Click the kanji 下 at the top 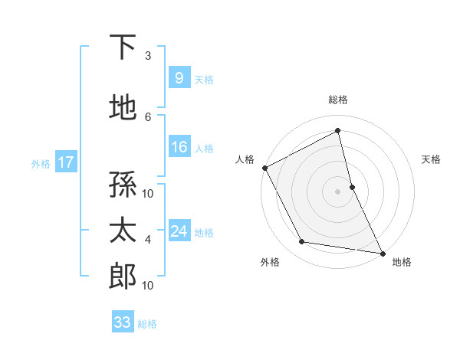[x=123, y=47]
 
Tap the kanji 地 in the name [x=123, y=108]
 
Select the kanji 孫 [x=123, y=185]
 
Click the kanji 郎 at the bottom [x=123, y=277]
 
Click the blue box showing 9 [x=179, y=77]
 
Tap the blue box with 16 [x=179, y=147]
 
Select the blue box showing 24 [x=179, y=231]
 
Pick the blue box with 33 [x=122, y=322]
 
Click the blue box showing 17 [x=65, y=162]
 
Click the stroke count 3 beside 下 [x=148, y=55]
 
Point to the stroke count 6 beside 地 [x=148, y=116]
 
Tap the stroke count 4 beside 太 [x=148, y=240]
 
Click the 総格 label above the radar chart [x=338, y=100]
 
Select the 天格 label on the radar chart [x=431, y=159]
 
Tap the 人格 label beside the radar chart [x=245, y=159]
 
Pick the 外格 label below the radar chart [x=270, y=262]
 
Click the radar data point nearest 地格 [x=382, y=253]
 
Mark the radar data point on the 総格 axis [x=338, y=131]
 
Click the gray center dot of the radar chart [x=338, y=191]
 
